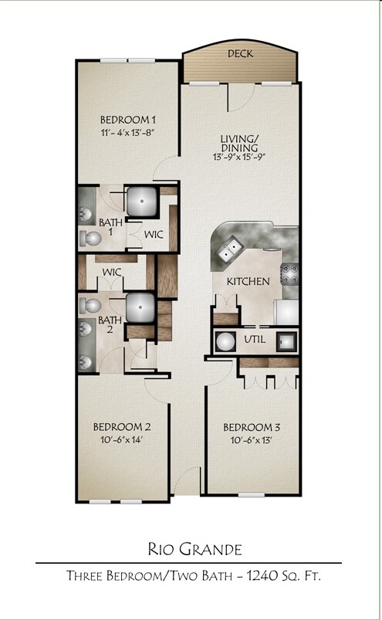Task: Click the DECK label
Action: pos(240,54)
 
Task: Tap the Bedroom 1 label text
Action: pos(129,120)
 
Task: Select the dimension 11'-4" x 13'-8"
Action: pos(129,132)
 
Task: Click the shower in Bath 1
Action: pos(141,202)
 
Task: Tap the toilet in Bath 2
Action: pos(90,305)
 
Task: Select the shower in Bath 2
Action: pos(141,307)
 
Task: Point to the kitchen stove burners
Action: pos(290,274)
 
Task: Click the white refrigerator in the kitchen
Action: pos(288,312)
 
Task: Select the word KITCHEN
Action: pos(248,282)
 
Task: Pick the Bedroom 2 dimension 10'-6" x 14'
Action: pos(121,440)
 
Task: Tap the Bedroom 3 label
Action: pos(252,428)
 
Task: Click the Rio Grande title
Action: pos(194,550)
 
